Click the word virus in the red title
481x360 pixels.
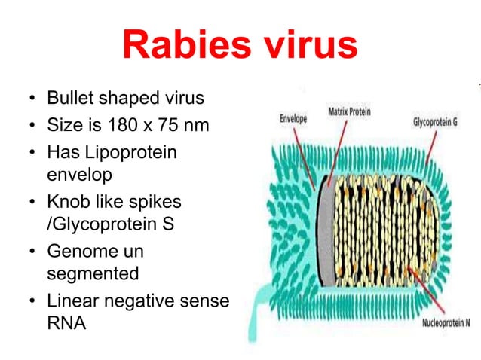(x=305, y=46)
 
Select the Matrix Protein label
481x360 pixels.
(x=354, y=111)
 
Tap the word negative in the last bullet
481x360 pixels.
(x=141, y=301)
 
